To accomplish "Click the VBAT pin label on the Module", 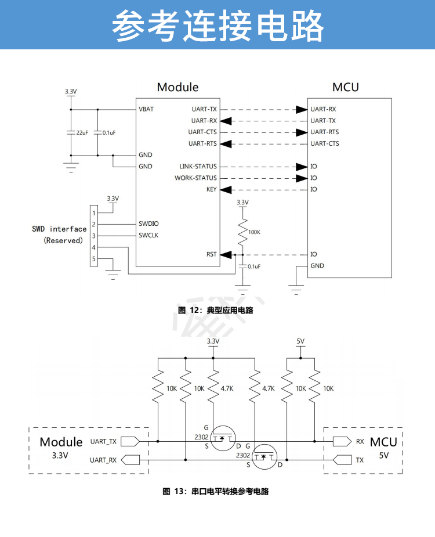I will point(146,109).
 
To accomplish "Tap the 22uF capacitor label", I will point(82,132).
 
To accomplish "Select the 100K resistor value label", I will point(254,232).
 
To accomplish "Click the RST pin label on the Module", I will point(212,254).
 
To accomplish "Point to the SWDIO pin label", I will point(148,224).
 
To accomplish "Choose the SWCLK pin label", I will point(148,236).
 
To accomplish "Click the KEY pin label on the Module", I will point(211,190).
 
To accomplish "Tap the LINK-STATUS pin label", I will point(198,167).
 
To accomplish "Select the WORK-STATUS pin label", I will point(195,178).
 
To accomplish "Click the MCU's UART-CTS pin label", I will point(325,144).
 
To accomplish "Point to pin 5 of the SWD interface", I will point(93,259).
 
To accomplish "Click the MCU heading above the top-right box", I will point(345,88).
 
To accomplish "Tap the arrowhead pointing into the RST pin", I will point(227,254).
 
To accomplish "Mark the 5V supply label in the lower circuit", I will point(300,341).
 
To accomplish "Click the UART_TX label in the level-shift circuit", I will point(103,441).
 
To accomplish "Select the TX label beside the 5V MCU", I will point(360,460).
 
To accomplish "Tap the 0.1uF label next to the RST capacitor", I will point(254,266).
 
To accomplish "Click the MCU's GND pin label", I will point(317,266).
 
